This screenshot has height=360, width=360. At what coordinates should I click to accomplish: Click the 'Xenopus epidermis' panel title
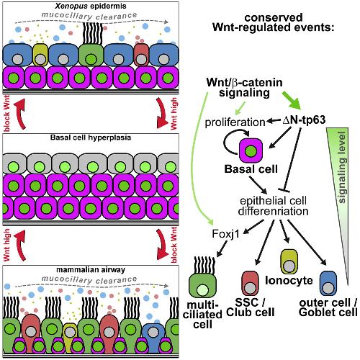click(91, 6)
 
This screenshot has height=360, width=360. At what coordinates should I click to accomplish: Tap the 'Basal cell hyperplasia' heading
click(91, 138)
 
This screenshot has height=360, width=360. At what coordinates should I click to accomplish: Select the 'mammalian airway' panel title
click(91, 269)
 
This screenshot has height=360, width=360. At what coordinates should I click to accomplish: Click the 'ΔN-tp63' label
click(304, 120)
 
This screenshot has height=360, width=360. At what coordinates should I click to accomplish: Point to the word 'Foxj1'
click(226, 234)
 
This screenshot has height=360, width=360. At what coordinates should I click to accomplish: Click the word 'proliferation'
click(235, 122)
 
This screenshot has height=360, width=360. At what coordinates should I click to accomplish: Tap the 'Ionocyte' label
click(289, 280)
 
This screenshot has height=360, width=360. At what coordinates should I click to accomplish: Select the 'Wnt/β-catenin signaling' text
click(244, 88)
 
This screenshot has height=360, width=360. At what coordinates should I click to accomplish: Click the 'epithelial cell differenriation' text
click(274, 206)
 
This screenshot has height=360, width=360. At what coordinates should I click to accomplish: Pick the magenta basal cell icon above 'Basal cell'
click(251, 150)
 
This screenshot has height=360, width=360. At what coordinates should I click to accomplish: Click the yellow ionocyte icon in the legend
click(289, 262)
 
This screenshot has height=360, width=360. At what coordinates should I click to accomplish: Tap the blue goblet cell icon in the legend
click(328, 283)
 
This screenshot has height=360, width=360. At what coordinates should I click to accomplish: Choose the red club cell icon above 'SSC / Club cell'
click(251, 283)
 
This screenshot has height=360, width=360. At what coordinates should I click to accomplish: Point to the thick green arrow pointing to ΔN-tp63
click(292, 101)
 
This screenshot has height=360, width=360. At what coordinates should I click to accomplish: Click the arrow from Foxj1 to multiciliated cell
click(222, 248)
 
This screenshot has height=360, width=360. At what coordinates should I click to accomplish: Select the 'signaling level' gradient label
click(342, 167)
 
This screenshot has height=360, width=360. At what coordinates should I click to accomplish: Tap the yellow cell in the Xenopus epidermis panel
click(40, 55)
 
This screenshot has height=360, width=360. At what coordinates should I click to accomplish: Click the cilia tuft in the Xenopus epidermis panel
click(92, 33)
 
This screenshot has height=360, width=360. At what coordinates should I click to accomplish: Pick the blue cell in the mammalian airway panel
click(153, 338)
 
